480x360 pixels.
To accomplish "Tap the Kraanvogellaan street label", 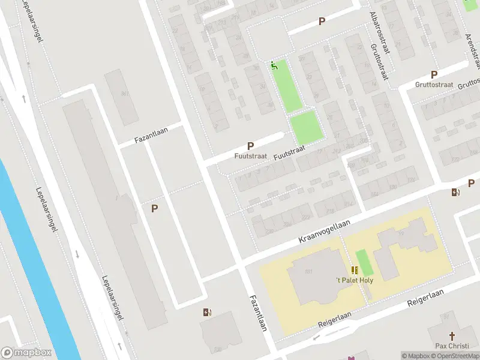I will point(325,231).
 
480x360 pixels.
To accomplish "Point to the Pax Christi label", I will point(452,346).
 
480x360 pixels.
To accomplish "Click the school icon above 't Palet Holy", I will point(353,271).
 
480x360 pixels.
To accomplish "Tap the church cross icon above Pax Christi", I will point(452,336).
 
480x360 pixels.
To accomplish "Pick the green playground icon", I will point(275,65).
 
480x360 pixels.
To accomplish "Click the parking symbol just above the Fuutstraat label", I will point(250,146).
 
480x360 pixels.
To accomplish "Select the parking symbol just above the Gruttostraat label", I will point(434,75).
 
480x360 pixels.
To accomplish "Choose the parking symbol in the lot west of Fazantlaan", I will point(155,209).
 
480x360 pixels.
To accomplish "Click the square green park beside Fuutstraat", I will point(306,127).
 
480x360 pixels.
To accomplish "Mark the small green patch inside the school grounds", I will point(361,262).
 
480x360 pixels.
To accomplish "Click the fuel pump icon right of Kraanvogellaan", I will point(455,193).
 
